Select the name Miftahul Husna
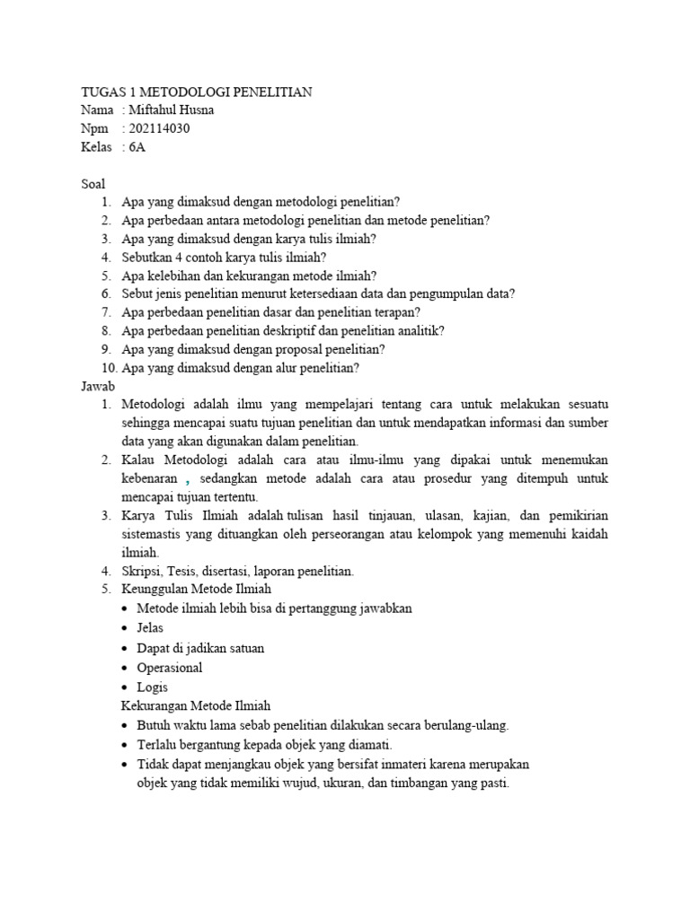(x=172, y=111)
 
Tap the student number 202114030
(x=161, y=129)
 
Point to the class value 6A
(x=137, y=148)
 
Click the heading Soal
(x=93, y=184)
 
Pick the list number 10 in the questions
(x=109, y=367)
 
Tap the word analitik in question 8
(x=418, y=330)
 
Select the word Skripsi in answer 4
(x=143, y=570)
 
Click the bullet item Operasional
(x=170, y=668)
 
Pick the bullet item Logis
(x=153, y=687)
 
